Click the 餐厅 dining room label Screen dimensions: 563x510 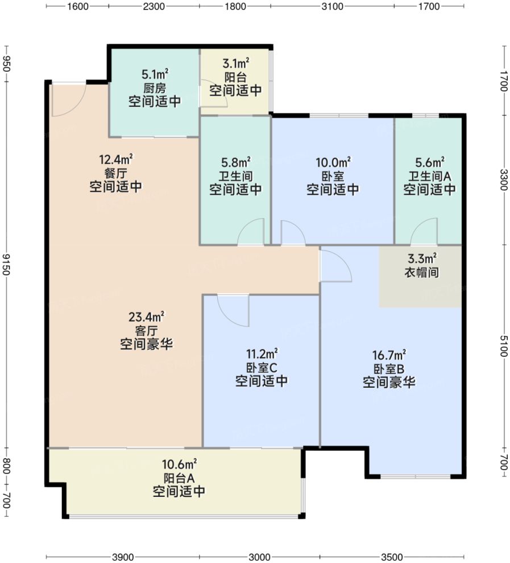point(115,172)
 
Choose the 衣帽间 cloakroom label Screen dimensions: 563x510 point(421,273)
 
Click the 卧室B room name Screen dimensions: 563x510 point(389,368)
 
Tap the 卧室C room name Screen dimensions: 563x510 point(261,367)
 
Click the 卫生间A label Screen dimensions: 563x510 point(429,176)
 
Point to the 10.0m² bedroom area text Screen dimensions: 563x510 point(333,162)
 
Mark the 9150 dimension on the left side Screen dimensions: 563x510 point(6,264)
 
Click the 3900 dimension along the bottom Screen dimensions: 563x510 point(122,556)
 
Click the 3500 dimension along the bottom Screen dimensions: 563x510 point(391,556)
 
